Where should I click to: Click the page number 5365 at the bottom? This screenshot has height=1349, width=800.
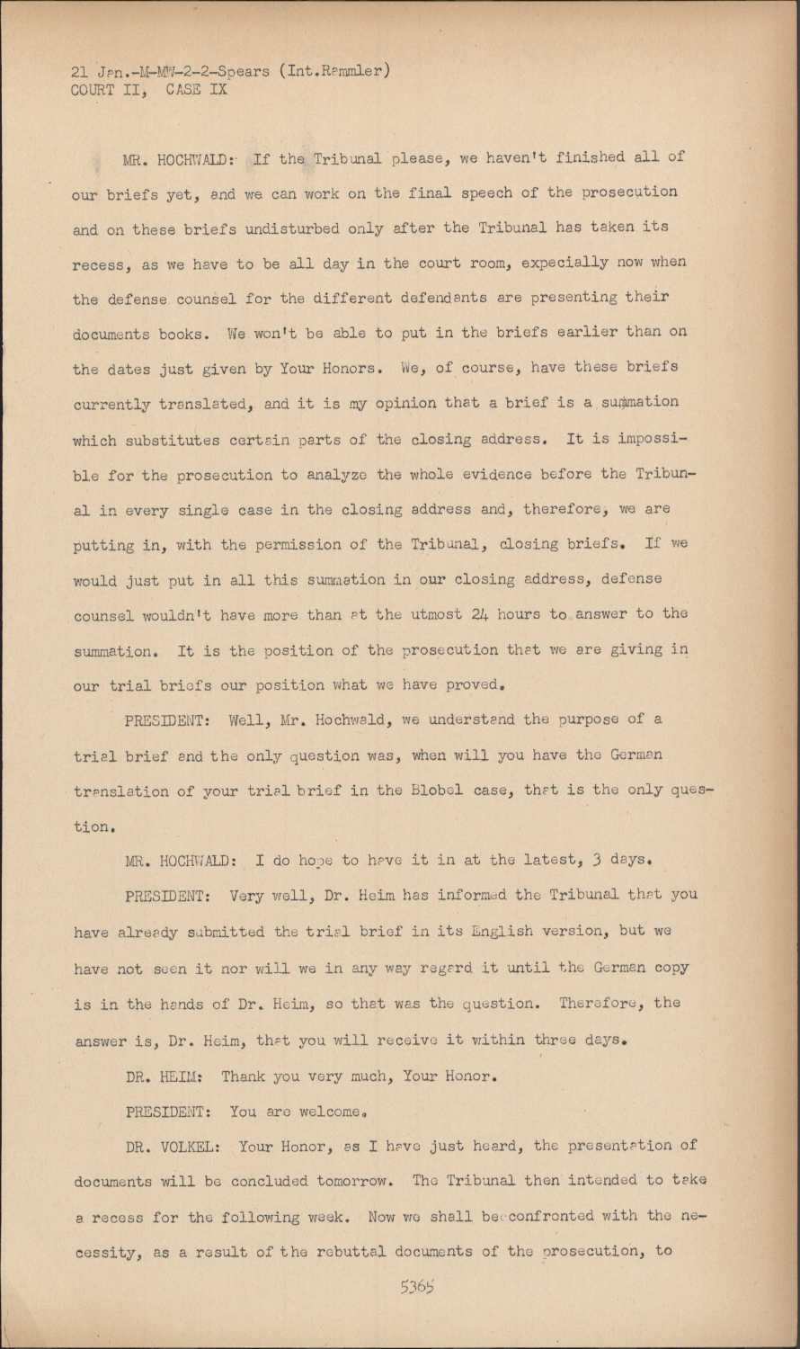click(x=417, y=1286)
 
